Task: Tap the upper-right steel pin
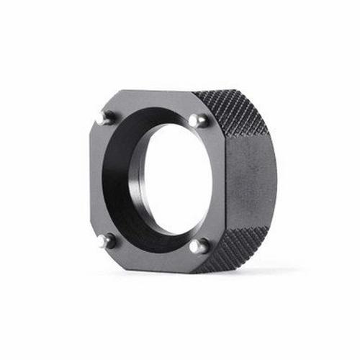click(198, 120)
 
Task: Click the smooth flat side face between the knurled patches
click(248, 180)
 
